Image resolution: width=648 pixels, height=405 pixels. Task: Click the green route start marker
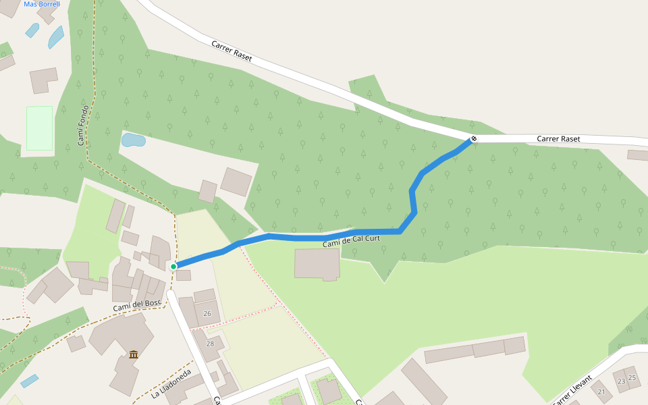(x=173, y=267)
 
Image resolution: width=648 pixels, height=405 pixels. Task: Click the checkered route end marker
(x=474, y=138)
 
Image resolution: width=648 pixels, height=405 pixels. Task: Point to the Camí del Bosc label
(x=137, y=305)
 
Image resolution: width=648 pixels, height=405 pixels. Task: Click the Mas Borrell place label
(x=42, y=4)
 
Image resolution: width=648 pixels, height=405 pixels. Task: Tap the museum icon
(x=134, y=354)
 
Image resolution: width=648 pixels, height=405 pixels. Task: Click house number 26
(x=207, y=313)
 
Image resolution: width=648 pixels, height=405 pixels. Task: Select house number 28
(x=210, y=344)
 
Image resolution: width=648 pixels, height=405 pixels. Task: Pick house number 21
(x=602, y=391)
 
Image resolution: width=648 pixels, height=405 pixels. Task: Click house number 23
(x=621, y=381)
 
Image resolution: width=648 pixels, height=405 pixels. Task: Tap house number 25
(x=632, y=377)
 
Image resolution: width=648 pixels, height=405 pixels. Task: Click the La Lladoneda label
(x=171, y=383)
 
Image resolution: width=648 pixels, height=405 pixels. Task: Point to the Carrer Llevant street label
(x=572, y=390)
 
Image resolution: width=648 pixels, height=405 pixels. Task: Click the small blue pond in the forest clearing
(x=133, y=140)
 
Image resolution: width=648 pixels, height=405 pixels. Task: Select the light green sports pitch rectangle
(x=39, y=128)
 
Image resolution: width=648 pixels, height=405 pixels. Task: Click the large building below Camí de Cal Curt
(x=317, y=263)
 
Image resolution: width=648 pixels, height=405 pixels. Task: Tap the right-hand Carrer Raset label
(x=558, y=138)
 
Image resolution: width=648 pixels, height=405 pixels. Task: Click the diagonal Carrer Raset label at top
(x=232, y=51)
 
